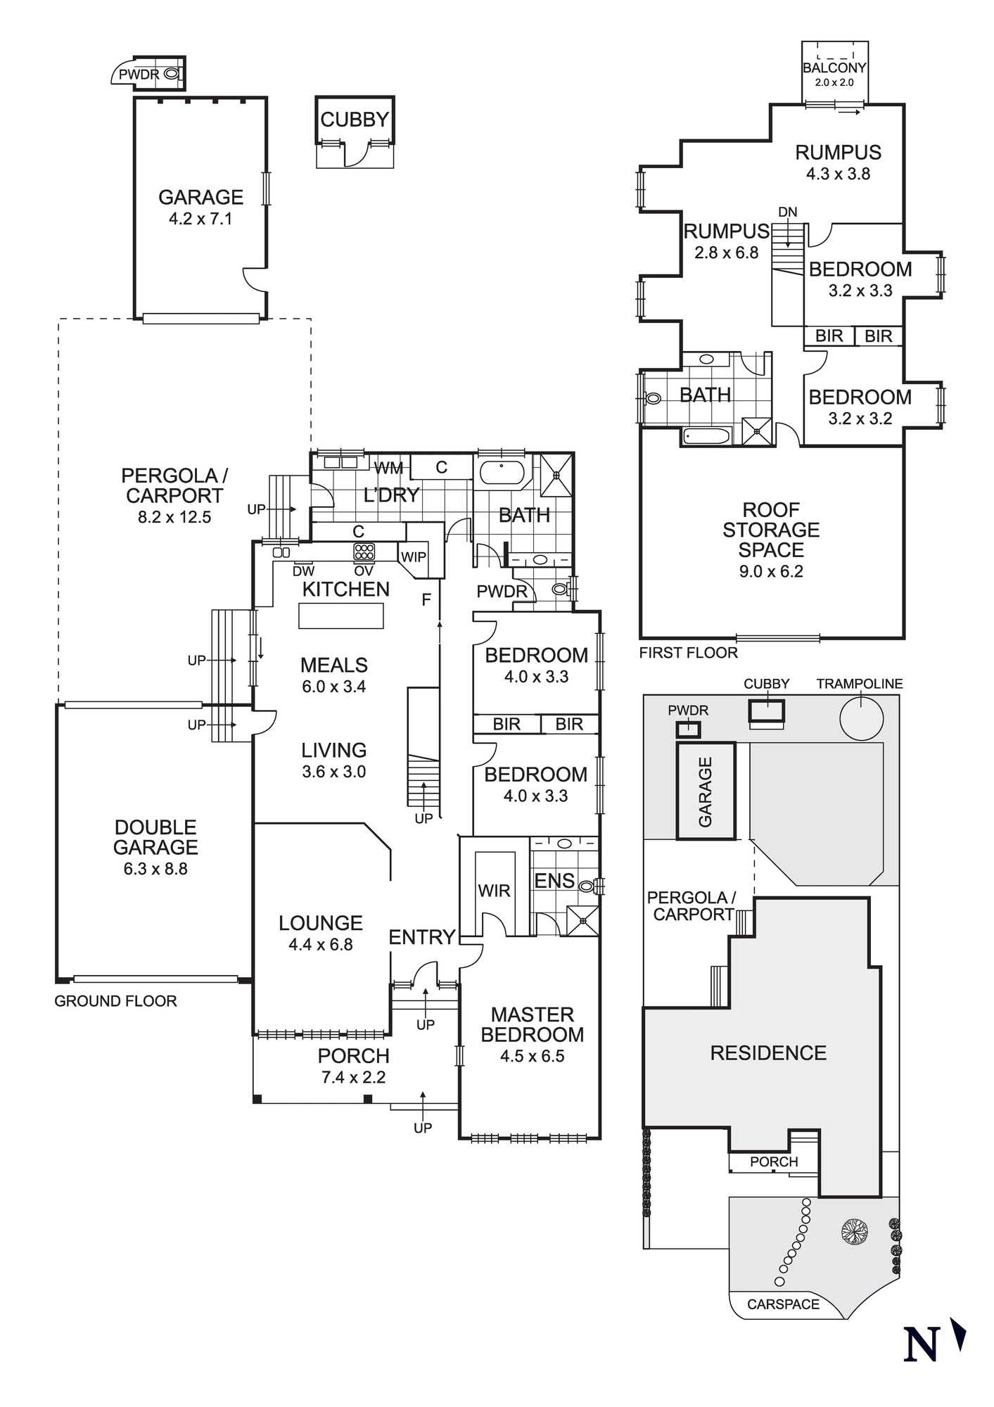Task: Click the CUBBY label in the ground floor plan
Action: (355, 120)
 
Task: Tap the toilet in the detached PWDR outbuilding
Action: (171, 73)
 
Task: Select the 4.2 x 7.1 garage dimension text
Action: (200, 219)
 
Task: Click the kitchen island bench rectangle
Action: (341, 616)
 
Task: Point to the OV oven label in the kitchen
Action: (364, 571)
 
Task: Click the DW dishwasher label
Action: (303, 571)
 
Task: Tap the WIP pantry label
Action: (413, 556)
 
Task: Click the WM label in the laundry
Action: (388, 468)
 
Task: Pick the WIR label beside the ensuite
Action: (494, 891)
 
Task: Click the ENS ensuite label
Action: (554, 881)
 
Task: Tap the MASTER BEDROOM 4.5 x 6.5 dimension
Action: (533, 1056)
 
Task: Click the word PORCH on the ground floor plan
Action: (353, 1055)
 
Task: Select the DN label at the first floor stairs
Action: (788, 212)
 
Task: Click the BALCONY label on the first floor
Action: (834, 68)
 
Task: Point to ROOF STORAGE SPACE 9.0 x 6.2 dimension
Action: (771, 571)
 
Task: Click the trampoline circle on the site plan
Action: (862, 718)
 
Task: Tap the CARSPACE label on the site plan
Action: (783, 1304)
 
